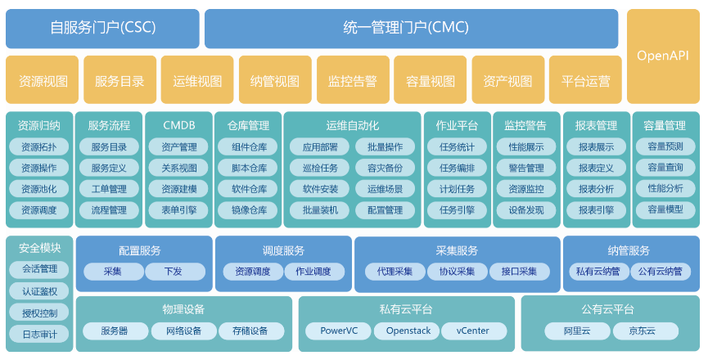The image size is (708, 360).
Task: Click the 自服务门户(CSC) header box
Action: tap(102, 29)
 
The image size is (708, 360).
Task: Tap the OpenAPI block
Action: tap(663, 56)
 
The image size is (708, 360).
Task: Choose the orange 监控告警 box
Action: tap(352, 81)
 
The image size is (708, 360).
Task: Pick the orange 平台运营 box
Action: tap(585, 81)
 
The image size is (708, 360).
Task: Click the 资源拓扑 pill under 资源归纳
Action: tap(39, 147)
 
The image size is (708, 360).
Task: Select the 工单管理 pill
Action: tap(109, 189)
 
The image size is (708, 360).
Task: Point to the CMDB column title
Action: tap(178, 126)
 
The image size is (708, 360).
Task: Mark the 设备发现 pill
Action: tap(525, 210)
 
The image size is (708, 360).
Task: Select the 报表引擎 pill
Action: tap(596, 210)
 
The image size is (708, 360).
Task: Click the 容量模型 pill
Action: tap(665, 210)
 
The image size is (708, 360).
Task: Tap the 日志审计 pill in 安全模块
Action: tap(39, 334)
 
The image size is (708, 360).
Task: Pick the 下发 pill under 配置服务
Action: tap(173, 272)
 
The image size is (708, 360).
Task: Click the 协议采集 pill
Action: tap(456, 272)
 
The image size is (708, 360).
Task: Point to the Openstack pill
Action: tap(405, 331)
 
